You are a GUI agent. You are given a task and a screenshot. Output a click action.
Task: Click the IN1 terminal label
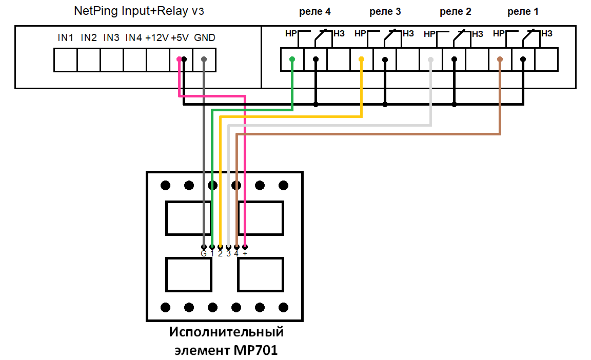pos(65,37)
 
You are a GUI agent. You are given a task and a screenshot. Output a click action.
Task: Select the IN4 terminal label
pos(133,37)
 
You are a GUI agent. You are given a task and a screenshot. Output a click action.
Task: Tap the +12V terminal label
pos(156,37)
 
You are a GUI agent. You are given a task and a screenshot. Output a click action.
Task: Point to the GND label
pos(205,37)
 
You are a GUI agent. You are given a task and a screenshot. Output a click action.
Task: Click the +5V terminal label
pos(180,37)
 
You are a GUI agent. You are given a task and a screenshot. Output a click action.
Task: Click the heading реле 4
pos(314,11)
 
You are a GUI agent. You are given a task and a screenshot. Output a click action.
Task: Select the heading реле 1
pos(523,11)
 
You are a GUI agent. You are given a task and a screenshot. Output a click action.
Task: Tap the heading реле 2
pos(455,11)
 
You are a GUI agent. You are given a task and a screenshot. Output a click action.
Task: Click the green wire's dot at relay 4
pos(292,59)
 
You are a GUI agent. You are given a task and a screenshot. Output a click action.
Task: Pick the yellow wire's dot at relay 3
pos(361,59)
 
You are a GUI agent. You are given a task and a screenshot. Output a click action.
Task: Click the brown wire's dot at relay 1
pos(500,59)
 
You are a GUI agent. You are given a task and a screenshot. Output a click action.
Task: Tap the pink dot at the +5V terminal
pos(179,59)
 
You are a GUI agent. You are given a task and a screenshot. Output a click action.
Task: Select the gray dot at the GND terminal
pos(204,59)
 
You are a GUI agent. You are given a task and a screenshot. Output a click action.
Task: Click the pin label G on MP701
pos(204,253)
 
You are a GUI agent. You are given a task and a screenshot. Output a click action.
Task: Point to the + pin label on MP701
pos(245,253)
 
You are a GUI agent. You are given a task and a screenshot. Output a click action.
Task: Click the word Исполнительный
pos(226,332)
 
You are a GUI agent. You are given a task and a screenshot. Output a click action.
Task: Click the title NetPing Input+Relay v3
pos(135,11)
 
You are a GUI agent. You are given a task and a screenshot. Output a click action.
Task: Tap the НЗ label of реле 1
pos(546,34)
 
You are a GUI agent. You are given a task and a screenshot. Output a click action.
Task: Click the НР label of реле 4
pos(290,34)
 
